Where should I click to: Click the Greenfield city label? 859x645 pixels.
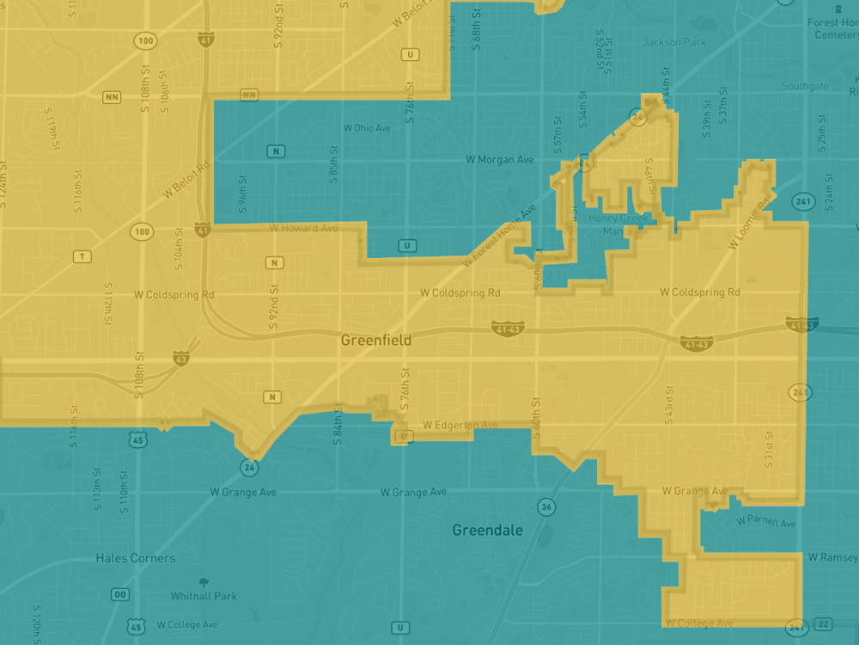(x=376, y=341)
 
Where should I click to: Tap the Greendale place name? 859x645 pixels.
(x=487, y=531)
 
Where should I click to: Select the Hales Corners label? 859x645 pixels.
(x=136, y=558)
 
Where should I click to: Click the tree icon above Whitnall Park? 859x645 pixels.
(x=204, y=582)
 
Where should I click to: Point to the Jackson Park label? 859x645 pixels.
(x=674, y=42)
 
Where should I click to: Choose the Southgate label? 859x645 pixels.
(x=806, y=86)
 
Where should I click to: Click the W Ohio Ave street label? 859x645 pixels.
(x=367, y=128)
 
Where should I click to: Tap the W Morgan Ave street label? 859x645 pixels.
(x=500, y=160)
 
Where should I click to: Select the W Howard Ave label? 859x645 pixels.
(x=303, y=228)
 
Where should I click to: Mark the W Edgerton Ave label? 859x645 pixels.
(x=460, y=426)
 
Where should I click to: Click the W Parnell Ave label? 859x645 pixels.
(x=766, y=523)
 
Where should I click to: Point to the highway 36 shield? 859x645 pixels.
(x=546, y=507)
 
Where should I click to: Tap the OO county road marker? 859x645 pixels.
(x=120, y=595)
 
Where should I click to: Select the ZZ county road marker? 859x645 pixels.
(x=825, y=623)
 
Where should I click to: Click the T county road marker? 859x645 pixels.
(x=82, y=256)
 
